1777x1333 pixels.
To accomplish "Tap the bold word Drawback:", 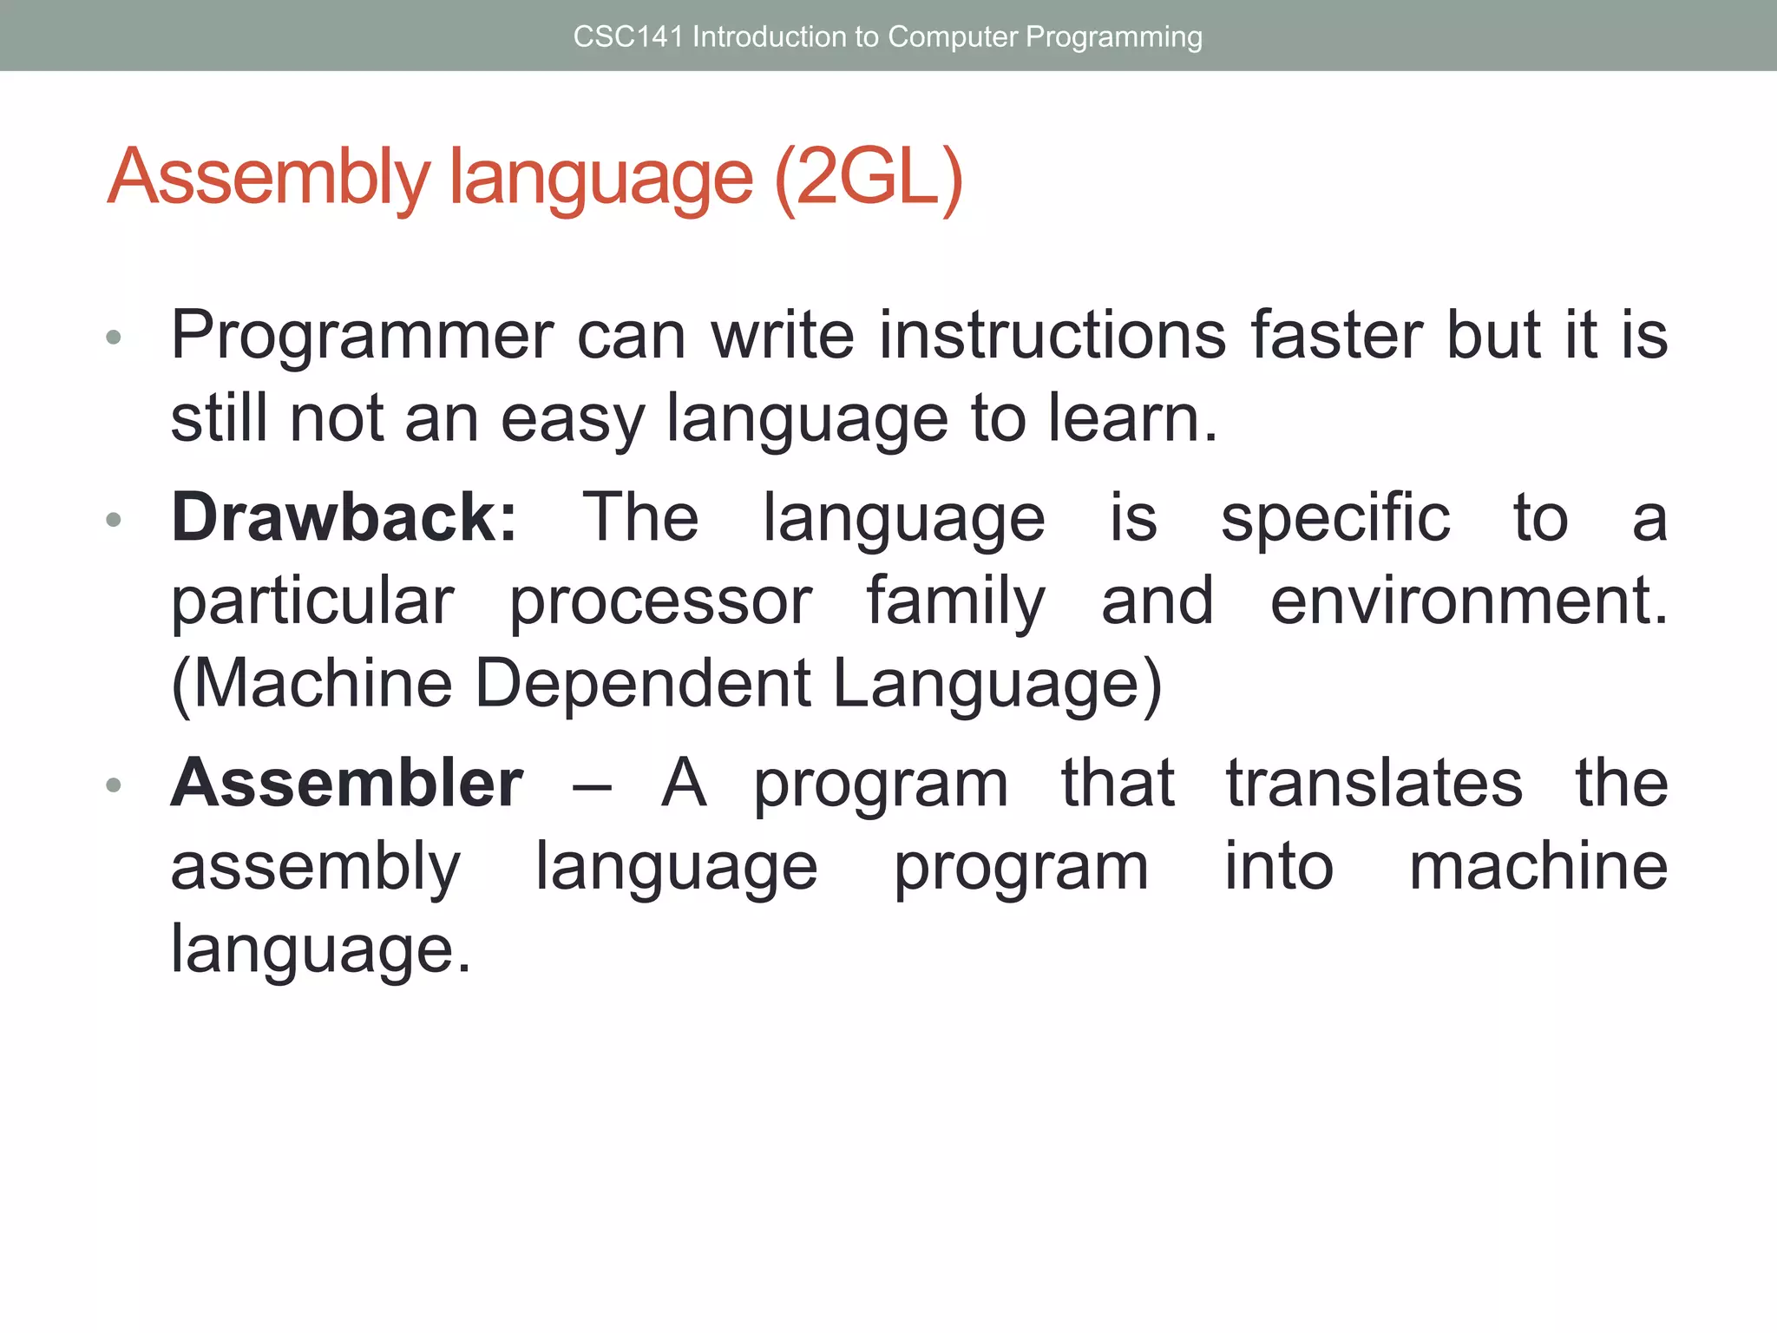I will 344,518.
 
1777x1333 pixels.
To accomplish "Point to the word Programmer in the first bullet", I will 362,336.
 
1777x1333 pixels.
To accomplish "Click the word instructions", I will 1052,336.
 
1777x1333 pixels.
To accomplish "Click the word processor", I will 660,601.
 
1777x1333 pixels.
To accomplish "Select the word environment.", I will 1468,601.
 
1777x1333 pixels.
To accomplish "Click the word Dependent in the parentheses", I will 643,684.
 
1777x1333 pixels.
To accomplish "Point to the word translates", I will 1374,784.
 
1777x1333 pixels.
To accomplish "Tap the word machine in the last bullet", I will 1538,867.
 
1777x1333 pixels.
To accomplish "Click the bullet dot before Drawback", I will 113,521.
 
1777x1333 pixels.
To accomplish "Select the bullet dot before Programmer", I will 113,338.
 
